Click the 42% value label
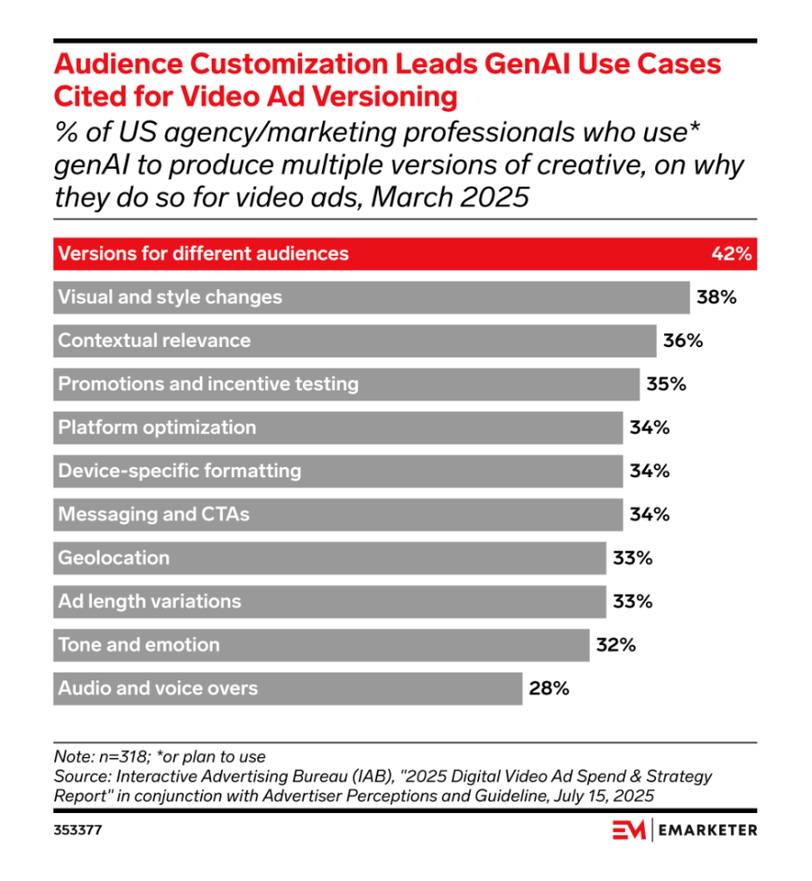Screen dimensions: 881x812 click(734, 254)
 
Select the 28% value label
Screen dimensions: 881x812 click(549, 688)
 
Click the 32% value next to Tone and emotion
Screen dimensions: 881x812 click(616, 644)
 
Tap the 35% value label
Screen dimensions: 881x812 click(666, 384)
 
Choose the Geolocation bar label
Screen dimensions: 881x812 click(114, 557)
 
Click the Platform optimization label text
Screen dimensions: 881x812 click(157, 427)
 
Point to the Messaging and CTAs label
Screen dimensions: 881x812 click(153, 514)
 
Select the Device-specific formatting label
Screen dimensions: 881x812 click(179, 471)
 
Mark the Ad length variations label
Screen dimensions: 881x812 click(150, 601)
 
